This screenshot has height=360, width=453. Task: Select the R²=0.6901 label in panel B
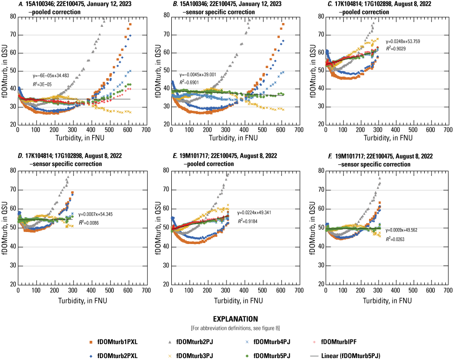tap(189, 82)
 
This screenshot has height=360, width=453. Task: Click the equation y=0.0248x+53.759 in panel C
tap(396, 41)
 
